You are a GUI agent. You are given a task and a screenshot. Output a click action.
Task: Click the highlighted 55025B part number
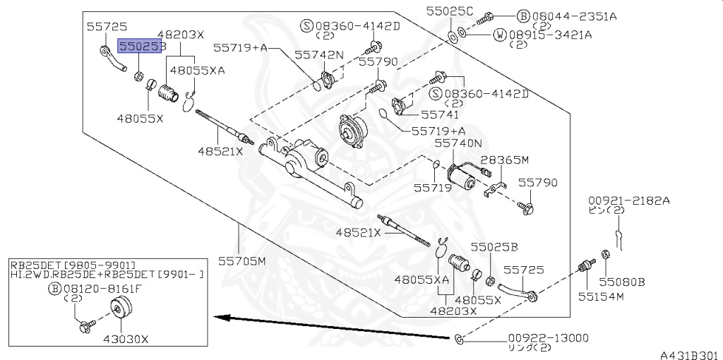pyautogui.click(x=141, y=47)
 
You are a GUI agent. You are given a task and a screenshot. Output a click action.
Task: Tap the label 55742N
pyautogui.click(x=319, y=54)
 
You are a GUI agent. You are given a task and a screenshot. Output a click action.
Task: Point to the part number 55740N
pyautogui.click(x=458, y=143)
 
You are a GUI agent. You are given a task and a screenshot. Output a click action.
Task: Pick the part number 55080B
pyautogui.click(x=622, y=281)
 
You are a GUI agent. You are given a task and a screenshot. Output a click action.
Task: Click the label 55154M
pyautogui.click(x=602, y=296)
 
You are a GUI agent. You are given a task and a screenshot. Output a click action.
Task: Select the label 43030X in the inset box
pyautogui.click(x=126, y=339)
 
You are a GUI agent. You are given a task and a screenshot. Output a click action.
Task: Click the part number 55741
pyautogui.click(x=440, y=114)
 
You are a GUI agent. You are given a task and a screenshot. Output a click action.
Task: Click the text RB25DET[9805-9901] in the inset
pyautogui.click(x=72, y=264)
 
